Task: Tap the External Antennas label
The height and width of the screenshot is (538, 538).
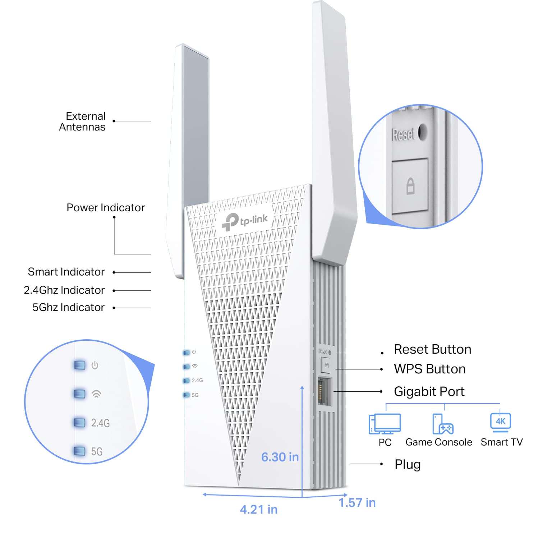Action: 82,121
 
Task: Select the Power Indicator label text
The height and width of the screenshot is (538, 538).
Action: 106,208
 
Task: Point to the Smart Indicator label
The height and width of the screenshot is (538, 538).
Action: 66,272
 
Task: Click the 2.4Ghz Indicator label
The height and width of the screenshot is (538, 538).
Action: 64,290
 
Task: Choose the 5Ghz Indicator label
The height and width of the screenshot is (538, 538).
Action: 68,308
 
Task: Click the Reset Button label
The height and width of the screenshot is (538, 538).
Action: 432,349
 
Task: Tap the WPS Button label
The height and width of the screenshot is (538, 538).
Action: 429,369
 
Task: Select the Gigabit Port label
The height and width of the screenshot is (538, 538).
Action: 429,391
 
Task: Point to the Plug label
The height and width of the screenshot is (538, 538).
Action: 408,464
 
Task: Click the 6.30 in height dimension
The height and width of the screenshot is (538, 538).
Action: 280,457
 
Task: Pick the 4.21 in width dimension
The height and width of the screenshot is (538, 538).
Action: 259,510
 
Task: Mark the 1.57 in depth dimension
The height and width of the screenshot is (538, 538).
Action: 357,503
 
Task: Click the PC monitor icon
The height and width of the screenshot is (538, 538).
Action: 385,424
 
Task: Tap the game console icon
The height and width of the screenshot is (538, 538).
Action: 443,424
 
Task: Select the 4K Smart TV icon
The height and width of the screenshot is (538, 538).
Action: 501,422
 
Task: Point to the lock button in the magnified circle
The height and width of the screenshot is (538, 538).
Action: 410,186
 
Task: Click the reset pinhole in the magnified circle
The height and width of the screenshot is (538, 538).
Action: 423,132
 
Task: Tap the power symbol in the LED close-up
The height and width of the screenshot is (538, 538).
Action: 95,365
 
